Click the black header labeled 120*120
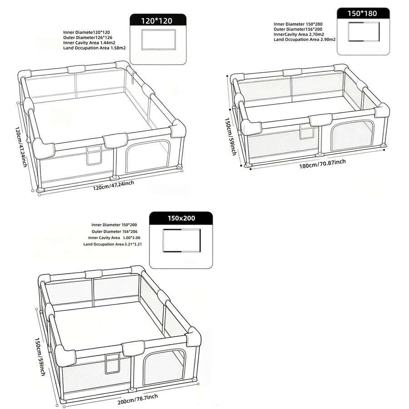[x=158, y=20]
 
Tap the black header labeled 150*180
[x=363, y=13]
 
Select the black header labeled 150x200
[x=181, y=218]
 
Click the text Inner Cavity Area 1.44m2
[x=89, y=43]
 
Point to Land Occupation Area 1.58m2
[x=95, y=48]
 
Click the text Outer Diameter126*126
[x=88, y=38]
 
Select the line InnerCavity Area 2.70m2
[x=299, y=35]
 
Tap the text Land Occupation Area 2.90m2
[x=304, y=40]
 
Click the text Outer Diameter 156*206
[x=115, y=231]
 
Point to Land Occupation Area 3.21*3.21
[x=112, y=244]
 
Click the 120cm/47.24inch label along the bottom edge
[x=114, y=185]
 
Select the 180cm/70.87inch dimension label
[x=322, y=164]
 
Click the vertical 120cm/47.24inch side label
[x=21, y=147]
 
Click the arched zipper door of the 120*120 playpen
[x=148, y=156]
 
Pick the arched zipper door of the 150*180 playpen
[x=353, y=135]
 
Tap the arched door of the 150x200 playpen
[x=165, y=367]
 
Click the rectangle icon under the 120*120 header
[x=158, y=40]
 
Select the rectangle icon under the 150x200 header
[x=181, y=240]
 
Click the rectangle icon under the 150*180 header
[x=364, y=31]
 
